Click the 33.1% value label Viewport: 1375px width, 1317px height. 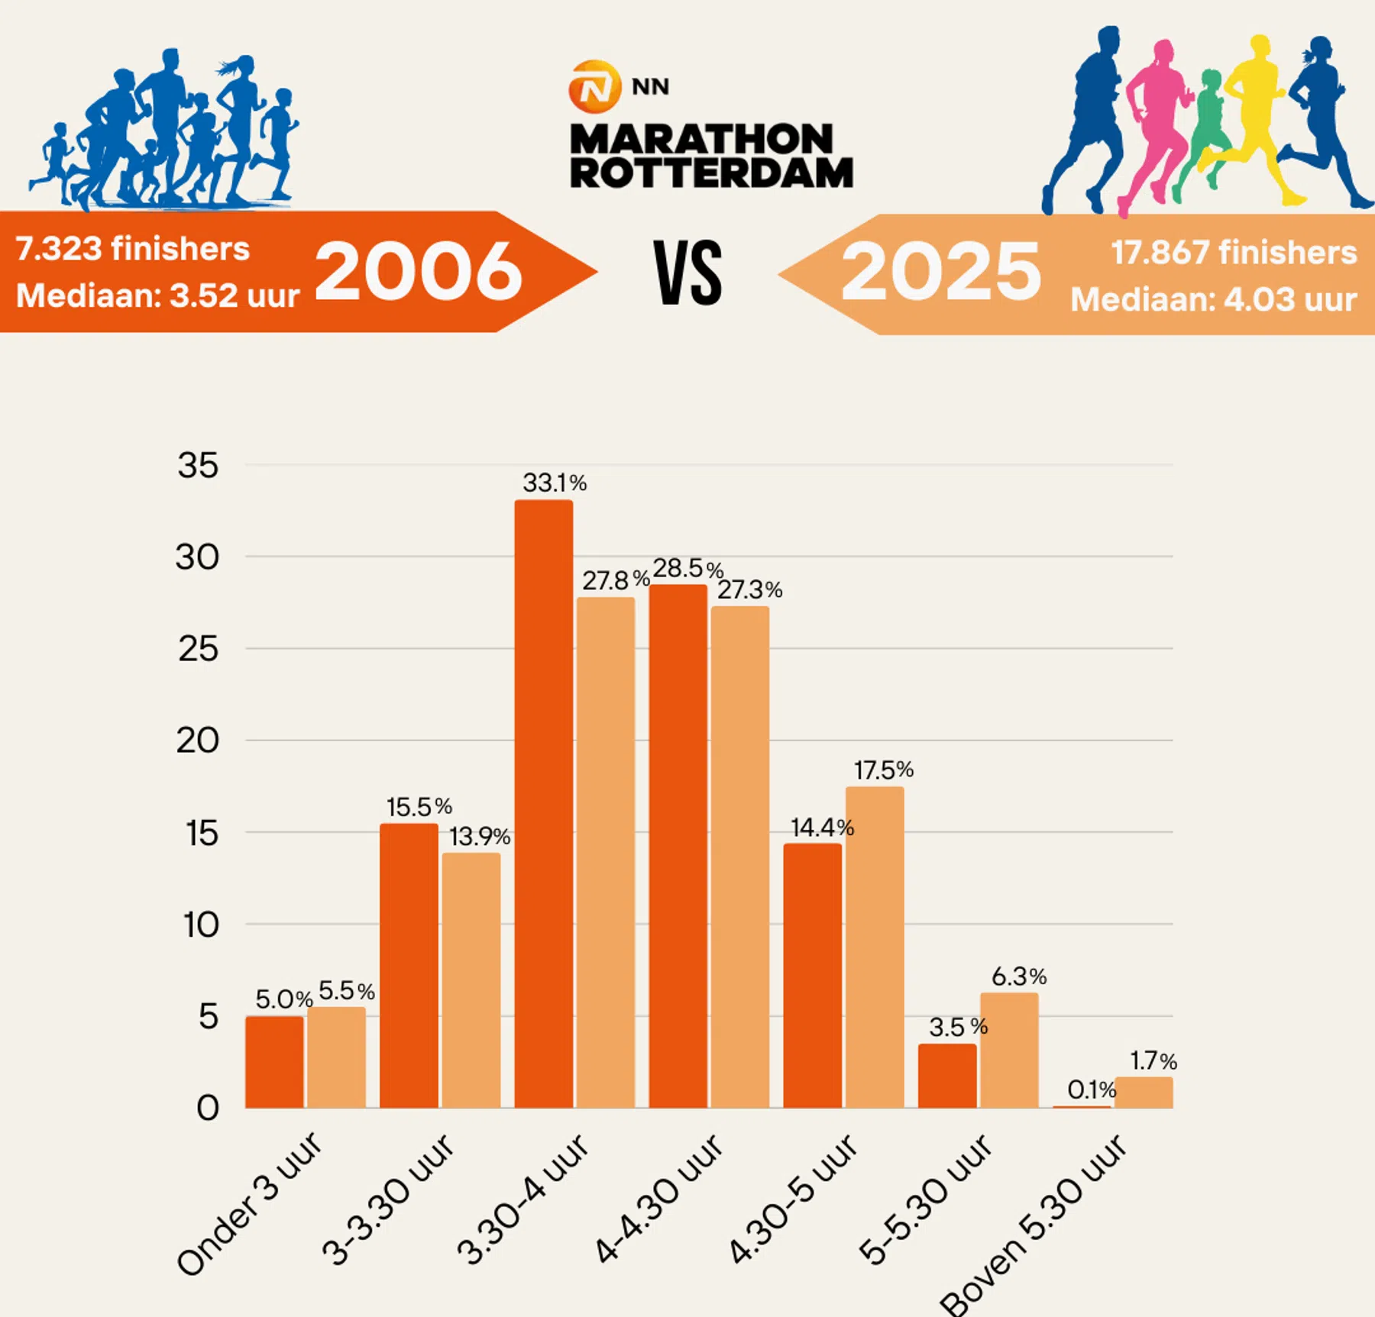coord(554,483)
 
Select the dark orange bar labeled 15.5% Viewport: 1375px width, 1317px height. coord(409,966)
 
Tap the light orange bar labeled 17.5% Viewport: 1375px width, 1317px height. coord(875,947)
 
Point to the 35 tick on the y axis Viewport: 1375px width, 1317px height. coord(198,466)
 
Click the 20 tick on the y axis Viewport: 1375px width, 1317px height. coord(198,741)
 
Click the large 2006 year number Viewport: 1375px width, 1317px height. coord(419,271)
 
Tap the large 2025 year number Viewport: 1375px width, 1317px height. coord(941,272)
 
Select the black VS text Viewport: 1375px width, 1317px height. coord(687,273)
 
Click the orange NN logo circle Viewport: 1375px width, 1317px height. coord(594,86)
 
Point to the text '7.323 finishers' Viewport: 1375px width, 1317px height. coord(133,249)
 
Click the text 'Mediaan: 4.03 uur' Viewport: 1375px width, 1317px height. coord(1214,299)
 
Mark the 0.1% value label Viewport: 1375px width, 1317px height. coord(1092,1089)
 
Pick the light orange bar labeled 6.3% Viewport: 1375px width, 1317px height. coord(1009,1050)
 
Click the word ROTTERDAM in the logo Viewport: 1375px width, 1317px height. coord(711,173)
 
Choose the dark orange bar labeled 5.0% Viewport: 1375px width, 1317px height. coord(274,1062)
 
